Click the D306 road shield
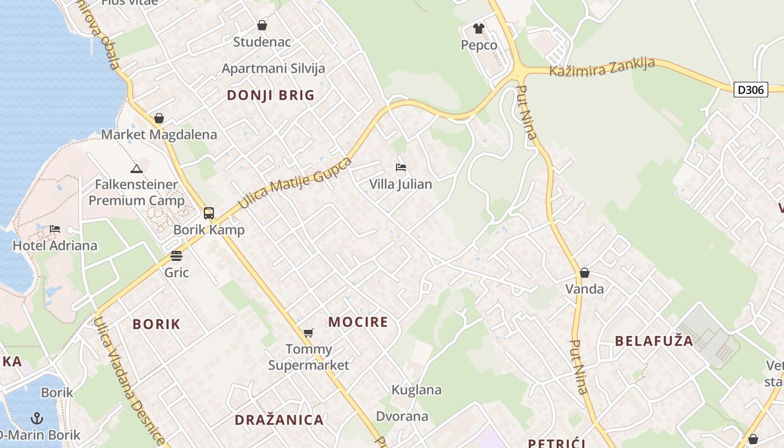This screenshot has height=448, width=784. click(751, 90)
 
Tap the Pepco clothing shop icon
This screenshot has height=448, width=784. click(478, 28)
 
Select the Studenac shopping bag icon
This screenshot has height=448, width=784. click(262, 25)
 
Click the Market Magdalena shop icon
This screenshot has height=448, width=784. click(159, 118)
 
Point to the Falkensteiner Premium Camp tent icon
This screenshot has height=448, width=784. click(136, 169)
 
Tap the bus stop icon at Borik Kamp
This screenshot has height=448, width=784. click(209, 213)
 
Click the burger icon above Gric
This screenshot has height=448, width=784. click(176, 256)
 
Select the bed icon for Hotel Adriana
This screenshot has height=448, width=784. click(55, 229)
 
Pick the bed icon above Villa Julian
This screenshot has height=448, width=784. click(400, 167)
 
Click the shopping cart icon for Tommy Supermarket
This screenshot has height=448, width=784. click(308, 333)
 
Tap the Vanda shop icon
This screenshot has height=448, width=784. click(585, 273)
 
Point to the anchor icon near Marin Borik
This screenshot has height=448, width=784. click(37, 418)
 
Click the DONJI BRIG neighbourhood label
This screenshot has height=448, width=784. click(271, 95)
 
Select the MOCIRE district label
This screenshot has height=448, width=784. click(358, 322)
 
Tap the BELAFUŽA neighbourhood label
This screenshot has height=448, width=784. click(654, 341)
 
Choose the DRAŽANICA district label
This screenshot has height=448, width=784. click(279, 420)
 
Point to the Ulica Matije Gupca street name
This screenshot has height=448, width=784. click(296, 183)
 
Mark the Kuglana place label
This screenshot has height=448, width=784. click(417, 390)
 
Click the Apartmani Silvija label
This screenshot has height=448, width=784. click(273, 69)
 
